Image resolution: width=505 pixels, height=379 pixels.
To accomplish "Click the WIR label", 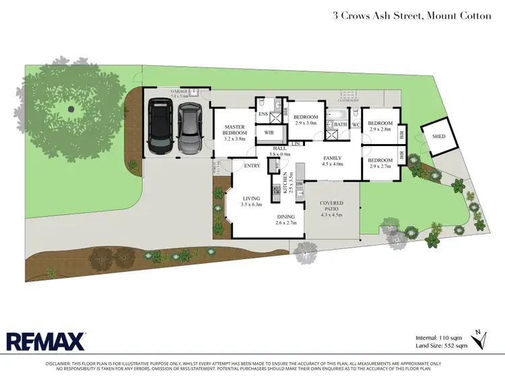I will [269, 133].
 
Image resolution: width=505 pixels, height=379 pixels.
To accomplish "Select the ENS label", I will [263, 114].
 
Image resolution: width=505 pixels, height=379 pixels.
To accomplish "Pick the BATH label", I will [340, 124].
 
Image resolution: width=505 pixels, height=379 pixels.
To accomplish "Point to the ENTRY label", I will [252, 165].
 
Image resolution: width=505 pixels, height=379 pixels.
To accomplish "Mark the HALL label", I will [279, 149].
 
